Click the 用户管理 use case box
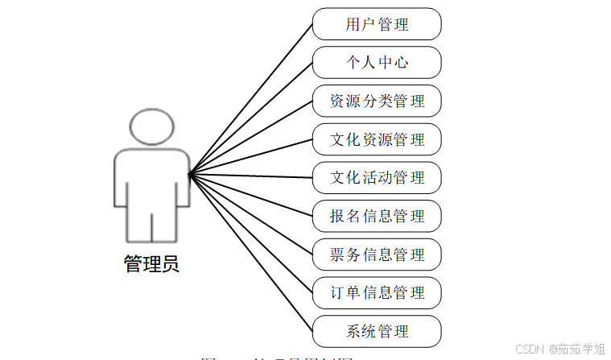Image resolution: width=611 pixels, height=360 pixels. coord(377,24)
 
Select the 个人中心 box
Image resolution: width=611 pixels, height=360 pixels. coord(377,63)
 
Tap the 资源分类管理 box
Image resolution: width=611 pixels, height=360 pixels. coord(377,101)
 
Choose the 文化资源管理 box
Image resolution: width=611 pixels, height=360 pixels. coord(377,139)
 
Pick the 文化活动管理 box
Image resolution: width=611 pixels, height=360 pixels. coord(377,178)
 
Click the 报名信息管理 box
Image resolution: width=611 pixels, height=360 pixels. coord(377,216)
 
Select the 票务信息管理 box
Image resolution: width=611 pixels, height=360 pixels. coord(377,254)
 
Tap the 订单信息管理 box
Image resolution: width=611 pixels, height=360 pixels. coord(377,292)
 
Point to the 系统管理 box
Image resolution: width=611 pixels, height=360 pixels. coord(377,331)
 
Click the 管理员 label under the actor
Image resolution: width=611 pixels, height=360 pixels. coord(151,264)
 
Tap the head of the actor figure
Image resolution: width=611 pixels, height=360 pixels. coord(151,127)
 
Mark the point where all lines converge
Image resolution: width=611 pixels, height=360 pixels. coord(189,174)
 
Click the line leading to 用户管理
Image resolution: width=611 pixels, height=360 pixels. coord(251,98)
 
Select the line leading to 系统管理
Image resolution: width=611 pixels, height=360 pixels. coord(251,253)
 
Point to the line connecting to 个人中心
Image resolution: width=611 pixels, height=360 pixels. coord(251,118)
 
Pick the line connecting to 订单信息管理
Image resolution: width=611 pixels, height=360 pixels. coord(251,234)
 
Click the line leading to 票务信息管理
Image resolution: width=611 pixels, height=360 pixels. coord(251,214)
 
